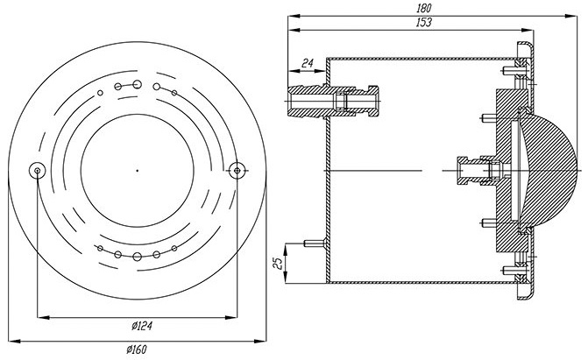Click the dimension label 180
click(424, 8)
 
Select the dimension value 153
click(424, 23)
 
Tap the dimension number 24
click(307, 63)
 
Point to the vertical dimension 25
click(278, 264)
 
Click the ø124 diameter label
click(142, 326)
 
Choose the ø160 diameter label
click(137, 349)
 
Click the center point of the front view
click(138, 171)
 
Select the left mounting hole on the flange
click(37, 171)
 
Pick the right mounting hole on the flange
click(237, 171)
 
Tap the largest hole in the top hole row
click(137, 84)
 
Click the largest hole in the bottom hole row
click(137, 257)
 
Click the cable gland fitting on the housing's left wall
click(333, 102)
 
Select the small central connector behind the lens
click(478, 171)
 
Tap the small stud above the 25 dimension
click(315, 244)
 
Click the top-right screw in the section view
click(511, 70)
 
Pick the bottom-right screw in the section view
click(511, 270)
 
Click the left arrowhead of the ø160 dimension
click(13, 341)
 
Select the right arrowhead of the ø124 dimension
click(231, 318)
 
